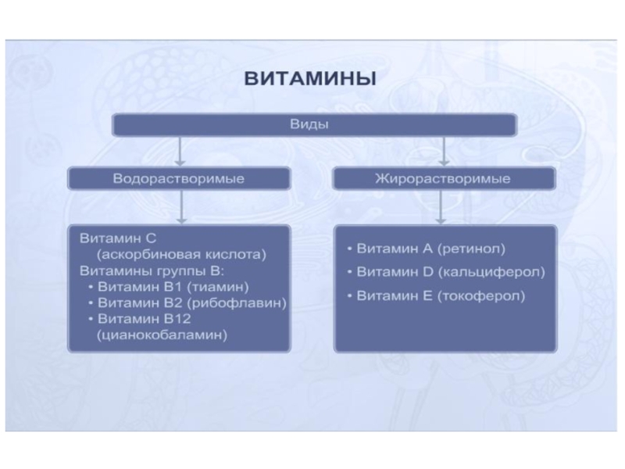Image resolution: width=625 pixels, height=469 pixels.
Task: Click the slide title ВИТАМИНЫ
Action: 312,80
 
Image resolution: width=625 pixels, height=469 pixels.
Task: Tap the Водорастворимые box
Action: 179,179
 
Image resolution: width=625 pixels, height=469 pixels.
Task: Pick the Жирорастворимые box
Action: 444,179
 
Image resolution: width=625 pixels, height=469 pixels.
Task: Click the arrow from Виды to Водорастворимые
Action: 180,151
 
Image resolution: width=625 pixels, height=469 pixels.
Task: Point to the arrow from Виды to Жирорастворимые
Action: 444,151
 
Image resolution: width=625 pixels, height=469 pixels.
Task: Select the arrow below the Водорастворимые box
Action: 180,207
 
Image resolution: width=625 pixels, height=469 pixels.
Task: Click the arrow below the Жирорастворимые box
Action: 444,207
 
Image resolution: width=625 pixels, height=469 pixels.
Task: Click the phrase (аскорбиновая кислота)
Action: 182,255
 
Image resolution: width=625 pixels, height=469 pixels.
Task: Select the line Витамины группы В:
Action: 152,271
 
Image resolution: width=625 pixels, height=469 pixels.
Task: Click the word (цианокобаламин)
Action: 162,335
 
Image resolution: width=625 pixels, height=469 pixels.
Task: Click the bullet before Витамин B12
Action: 92,319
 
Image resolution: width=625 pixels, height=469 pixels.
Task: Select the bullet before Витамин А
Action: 349,249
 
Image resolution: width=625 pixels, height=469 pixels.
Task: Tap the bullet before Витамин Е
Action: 349,296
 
